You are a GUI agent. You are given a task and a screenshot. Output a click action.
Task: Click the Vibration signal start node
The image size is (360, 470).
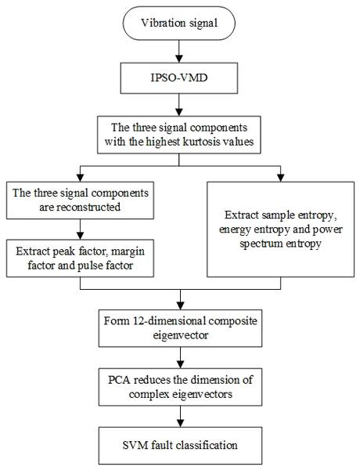178,23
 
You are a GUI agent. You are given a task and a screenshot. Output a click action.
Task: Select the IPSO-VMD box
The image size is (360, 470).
178,78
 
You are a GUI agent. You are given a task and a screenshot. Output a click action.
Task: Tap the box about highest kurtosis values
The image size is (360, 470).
178,135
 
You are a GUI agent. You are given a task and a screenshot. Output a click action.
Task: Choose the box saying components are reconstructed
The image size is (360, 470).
80,200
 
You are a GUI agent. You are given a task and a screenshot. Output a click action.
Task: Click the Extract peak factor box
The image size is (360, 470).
80,258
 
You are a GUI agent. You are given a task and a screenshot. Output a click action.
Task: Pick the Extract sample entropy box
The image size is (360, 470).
280,229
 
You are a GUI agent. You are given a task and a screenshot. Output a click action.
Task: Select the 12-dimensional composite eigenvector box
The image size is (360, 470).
180,328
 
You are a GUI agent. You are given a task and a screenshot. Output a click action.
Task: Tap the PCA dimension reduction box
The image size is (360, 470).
180,387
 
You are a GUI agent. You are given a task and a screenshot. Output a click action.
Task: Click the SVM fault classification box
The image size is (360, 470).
180,446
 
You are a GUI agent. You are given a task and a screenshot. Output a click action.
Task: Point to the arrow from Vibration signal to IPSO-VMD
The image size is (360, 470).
178,51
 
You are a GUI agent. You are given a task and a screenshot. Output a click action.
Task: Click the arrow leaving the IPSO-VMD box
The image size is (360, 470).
178,105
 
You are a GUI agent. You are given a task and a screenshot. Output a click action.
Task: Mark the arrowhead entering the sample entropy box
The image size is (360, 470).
280,178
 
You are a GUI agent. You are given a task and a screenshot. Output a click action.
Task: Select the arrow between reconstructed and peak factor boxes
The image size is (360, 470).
80,229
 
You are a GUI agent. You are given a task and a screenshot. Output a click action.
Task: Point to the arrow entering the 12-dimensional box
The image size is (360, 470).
180,299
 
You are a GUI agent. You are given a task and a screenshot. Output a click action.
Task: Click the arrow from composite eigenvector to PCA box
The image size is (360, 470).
180,358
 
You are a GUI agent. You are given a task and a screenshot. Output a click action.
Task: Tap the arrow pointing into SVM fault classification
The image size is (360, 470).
180,417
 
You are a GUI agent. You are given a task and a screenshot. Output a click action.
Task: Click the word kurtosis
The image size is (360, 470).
201,142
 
